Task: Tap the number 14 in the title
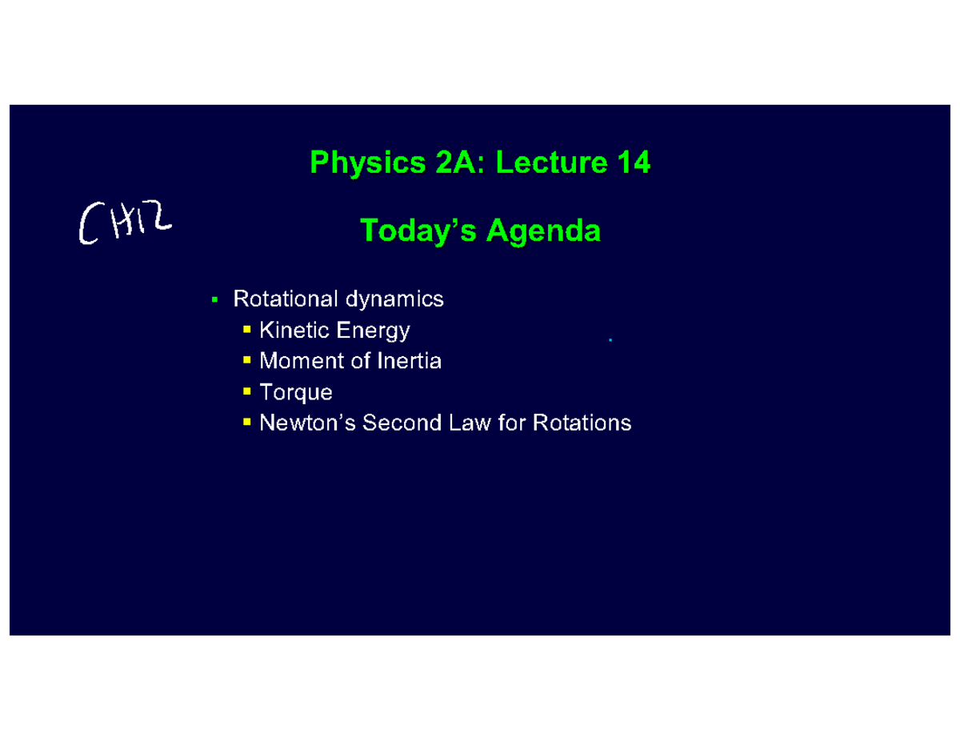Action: pos(633,163)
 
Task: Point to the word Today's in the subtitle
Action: pos(418,231)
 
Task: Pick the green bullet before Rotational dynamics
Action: pos(214,300)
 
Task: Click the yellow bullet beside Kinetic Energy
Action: pos(246,330)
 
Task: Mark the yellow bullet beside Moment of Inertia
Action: pos(246,360)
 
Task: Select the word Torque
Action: pos(296,392)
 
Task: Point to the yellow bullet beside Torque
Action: pos(246,391)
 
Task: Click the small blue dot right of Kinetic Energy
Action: pos(610,341)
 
